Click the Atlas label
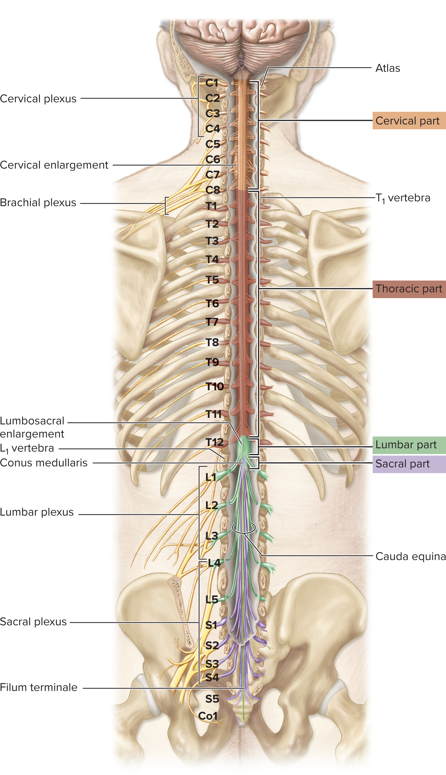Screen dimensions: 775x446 click(387, 68)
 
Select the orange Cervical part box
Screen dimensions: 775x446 click(408, 121)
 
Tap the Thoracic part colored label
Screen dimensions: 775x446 click(409, 289)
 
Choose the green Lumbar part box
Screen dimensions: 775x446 click(409, 445)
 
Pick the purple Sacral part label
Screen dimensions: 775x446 click(409, 464)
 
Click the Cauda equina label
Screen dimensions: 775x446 click(410, 556)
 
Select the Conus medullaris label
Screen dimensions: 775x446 click(44, 463)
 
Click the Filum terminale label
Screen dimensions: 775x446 click(39, 687)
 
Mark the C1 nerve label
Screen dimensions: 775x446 click(212, 83)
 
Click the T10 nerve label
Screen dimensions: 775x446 click(215, 386)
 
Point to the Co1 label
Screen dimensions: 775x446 click(208, 716)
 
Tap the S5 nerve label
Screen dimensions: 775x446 click(212, 699)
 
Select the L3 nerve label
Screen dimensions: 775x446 click(212, 536)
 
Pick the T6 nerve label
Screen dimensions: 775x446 click(212, 304)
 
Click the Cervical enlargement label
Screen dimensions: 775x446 click(54, 165)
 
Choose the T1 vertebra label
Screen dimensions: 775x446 click(403, 198)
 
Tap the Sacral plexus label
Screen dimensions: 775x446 click(33, 622)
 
